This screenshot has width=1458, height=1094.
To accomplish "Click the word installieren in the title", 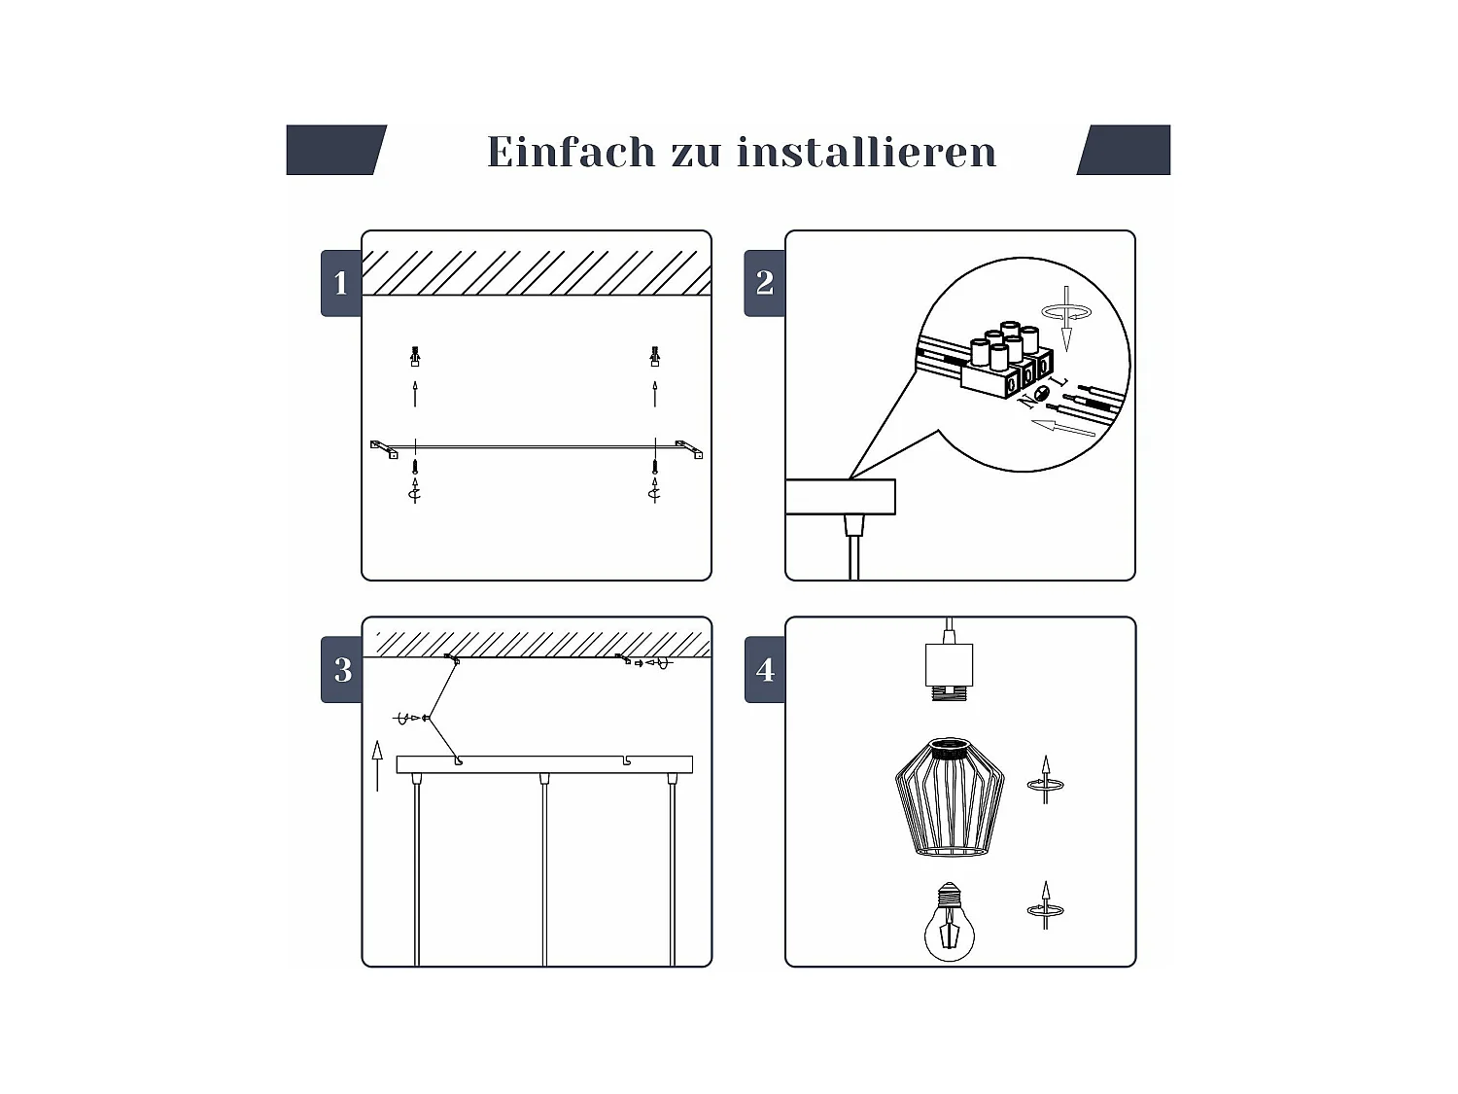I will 866,152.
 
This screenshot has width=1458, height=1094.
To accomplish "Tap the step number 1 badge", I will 340,283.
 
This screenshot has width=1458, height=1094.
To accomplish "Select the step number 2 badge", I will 764,283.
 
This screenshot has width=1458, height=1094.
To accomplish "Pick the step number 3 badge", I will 341,670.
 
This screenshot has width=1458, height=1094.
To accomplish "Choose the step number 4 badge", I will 765,670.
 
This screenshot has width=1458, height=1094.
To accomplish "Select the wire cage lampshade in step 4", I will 949,797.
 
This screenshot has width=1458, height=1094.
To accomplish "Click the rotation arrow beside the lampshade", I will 1046,781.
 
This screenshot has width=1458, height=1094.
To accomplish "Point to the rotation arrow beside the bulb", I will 1045,907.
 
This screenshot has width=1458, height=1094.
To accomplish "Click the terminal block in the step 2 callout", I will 1007,365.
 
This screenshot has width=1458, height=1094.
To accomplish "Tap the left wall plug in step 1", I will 415,356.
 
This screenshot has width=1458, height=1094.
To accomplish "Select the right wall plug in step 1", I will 655,356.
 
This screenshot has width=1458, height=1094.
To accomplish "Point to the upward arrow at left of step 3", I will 377,765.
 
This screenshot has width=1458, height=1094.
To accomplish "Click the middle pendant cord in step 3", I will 544,870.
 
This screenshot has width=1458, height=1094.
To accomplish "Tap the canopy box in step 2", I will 840,497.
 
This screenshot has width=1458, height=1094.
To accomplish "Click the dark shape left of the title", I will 335,150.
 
